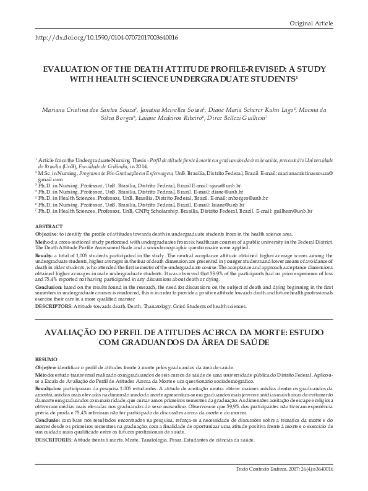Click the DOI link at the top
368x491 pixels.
coord(107,38)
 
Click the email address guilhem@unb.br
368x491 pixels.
coord(291,213)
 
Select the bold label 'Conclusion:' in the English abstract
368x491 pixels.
coord(50,286)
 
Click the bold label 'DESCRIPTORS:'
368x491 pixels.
coord(53,306)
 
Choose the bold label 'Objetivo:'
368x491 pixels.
coord(47,367)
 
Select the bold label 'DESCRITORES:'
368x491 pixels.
coord(54,438)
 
